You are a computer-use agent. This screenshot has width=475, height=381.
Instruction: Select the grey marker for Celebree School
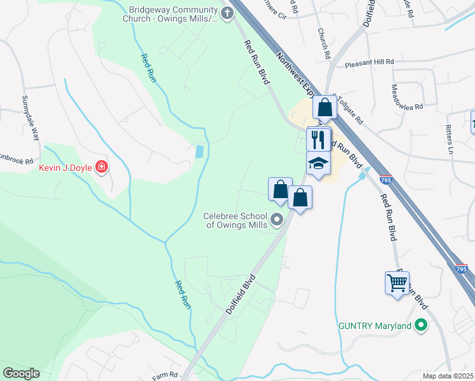pyautogui.click(x=277, y=220)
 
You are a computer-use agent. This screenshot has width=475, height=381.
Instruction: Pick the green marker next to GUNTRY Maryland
pyautogui.click(x=420, y=326)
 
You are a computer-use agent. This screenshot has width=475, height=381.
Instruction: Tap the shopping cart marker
pyautogui.click(x=397, y=283)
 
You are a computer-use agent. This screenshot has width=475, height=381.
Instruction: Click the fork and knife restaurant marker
pyautogui.click(x=318, y=139)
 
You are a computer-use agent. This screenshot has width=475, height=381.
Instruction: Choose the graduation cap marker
pyautogui.click(x=318, y=164)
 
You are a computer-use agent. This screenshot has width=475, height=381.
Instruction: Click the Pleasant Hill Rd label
pyautogui.click(x=370, y=63)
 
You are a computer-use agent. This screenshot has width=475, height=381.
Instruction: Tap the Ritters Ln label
pyautogui.click(x=450, y=140)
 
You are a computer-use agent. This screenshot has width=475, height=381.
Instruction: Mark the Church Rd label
pyautogui.click(x=324, y=42)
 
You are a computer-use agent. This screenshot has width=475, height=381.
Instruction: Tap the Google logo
pyautogui.click(x=21, y=373)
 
